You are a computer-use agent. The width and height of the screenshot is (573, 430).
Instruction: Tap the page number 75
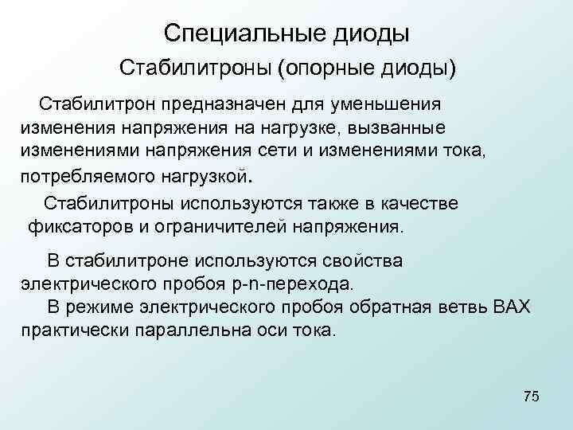532,397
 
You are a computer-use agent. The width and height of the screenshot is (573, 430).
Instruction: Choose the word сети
294,150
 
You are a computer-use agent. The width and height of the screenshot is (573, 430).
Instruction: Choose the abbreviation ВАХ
515,307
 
